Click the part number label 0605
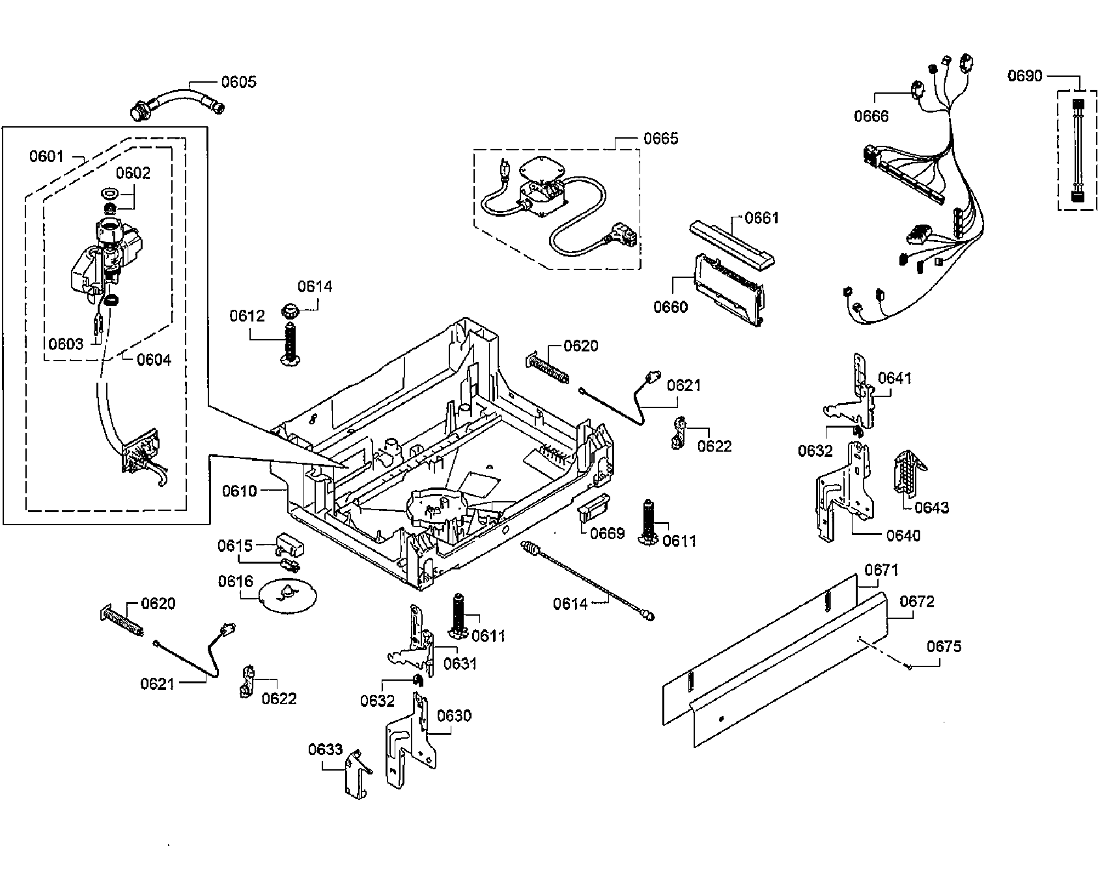pyautogui.click(x=238, y=82)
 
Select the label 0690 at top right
pyautogui.click(x=1024, y=76)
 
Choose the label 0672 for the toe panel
pyautogui.click(x=916, y=602)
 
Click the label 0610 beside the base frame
pyautogui.click(x=240, y=491)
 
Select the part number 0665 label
pyautogui.click(x=660, y=139)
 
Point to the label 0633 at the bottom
pyautogui.click(x=325, y=750)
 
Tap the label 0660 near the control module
pyautogui.click(x=670, y=307)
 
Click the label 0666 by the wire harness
pyautogui.click(x=871, y=116)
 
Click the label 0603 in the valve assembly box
pyautogui.click(x=66, y=344)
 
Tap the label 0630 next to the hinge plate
pyautogui.click(x=454, y=716)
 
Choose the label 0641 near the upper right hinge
pyautogui.click(x=894, y=378)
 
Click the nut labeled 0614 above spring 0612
pyautogui.click(x=289, y=310)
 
